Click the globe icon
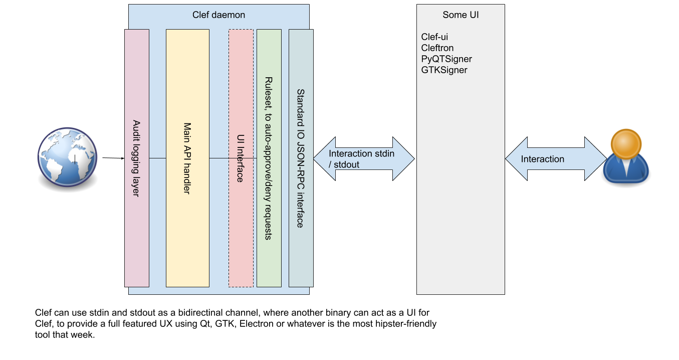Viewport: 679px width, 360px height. coord(67,157)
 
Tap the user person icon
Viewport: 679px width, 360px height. coord(625,156)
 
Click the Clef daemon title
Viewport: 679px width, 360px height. coord(218,15)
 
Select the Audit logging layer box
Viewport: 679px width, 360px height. coord(137,158)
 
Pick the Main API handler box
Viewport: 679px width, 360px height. coord(187,158)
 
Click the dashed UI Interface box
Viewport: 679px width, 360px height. coord(241,158)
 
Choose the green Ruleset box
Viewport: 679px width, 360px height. coord(269,158)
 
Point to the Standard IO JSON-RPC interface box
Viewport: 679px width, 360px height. coord(301,158)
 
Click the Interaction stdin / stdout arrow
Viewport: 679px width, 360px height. coord(364,158)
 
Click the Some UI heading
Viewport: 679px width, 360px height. coord(461,15)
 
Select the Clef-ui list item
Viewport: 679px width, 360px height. coord(434,37)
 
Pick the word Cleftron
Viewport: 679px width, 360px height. coord(437,48)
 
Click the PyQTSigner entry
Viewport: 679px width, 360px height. coord(446,59)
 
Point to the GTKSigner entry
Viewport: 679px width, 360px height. coord(444,70)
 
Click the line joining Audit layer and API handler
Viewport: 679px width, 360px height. coord(157,158)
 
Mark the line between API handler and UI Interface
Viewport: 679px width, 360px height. coord(218,158)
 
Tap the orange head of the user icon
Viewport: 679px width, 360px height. coord(626,144)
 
